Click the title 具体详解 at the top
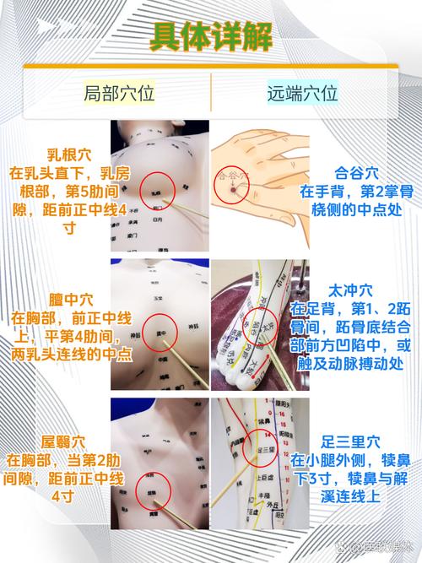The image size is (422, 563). point(210,36)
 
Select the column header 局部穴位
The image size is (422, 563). point(119,93)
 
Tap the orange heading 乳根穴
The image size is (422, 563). point(59,154)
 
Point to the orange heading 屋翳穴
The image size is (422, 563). point(59,442)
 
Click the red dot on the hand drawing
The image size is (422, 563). point(227,192)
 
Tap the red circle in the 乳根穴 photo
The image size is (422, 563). point(158,192)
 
